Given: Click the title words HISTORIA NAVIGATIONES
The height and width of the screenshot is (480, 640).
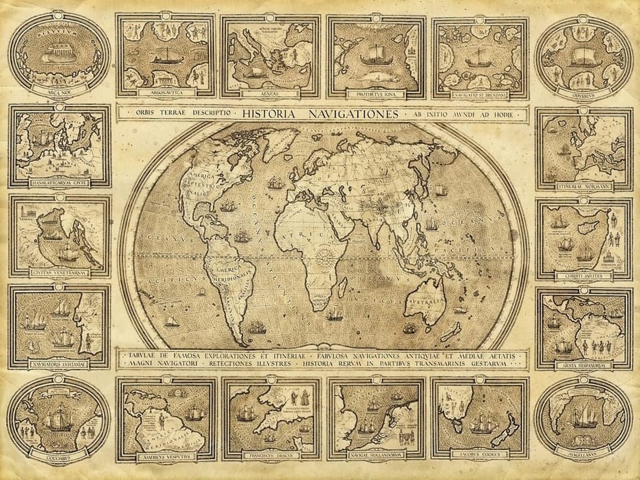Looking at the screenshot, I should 320,114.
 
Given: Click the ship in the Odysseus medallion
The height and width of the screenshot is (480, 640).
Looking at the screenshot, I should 584,60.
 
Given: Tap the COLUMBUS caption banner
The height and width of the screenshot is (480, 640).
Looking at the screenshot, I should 59,457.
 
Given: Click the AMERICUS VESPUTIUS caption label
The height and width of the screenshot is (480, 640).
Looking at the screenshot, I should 167,457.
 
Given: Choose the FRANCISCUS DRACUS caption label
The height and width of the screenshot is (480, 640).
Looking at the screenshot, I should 271,457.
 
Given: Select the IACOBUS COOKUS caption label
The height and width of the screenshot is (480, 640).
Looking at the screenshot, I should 480,457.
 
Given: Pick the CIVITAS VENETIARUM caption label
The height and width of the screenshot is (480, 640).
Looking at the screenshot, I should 59,272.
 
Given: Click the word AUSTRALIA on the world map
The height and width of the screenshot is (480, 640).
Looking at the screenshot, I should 431,301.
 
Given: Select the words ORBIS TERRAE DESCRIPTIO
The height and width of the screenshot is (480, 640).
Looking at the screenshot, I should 175,114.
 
